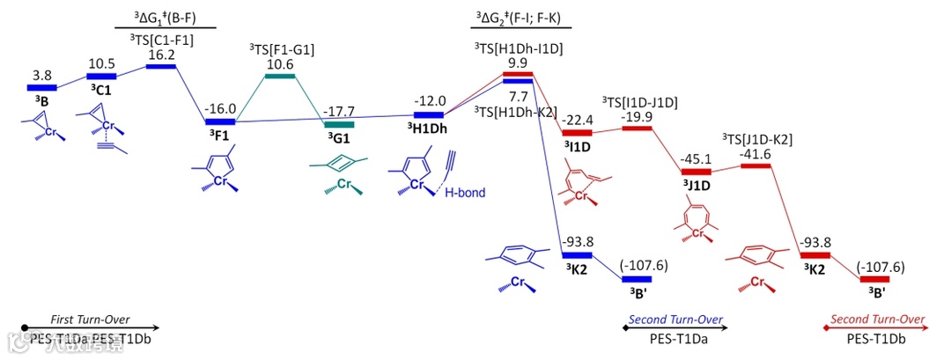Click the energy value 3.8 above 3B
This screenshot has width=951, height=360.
tap(42, 76)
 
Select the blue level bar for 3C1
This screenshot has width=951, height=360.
tap(101, 77)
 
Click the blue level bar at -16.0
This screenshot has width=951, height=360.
tap(219, 121)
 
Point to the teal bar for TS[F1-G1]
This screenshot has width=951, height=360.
tap(281, 76)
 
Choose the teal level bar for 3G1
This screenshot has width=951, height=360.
tap(339, 124)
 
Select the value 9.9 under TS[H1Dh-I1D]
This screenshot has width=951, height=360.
tap(518, 62)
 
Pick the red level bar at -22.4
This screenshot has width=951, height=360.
tap(574, 133)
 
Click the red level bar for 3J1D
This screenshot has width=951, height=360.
tap(695, 171)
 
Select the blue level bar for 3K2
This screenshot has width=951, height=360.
tap(578, 255)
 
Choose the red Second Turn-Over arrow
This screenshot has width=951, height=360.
tap(877, 327)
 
